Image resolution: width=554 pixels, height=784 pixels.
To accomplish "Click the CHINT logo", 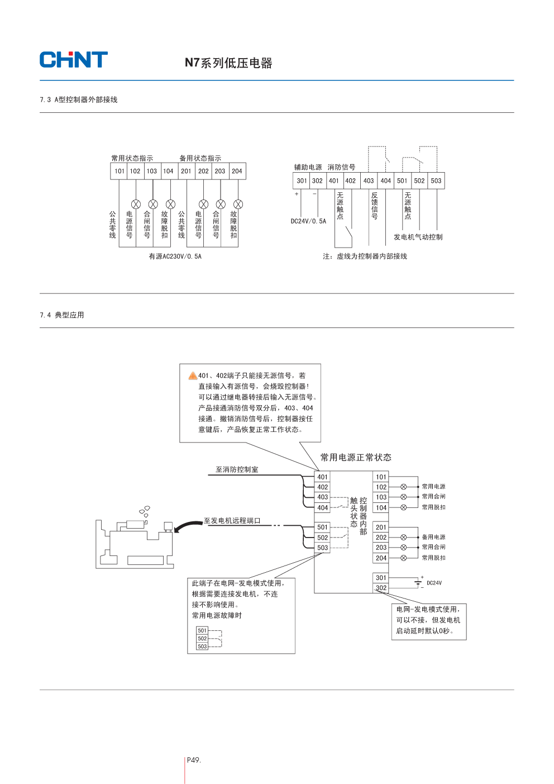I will (73, 60).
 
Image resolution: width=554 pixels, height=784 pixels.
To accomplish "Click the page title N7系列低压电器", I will (228, 63).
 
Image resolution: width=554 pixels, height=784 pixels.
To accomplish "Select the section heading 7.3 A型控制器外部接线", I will (79, 99).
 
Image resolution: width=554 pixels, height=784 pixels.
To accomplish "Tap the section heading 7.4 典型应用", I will (62, 315).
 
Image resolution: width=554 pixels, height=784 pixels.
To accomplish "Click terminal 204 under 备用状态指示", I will (237, 171).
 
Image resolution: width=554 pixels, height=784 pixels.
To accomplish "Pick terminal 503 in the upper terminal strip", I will (436, 180).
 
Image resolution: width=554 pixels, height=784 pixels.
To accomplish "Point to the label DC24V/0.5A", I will (308, 221).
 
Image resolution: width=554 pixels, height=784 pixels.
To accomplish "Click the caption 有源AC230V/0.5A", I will (175, 256).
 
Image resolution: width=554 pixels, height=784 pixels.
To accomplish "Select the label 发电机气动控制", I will (418, 237).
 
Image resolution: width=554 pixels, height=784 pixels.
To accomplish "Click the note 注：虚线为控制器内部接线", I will (365, 256).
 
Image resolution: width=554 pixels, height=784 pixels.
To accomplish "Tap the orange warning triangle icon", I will (193, 376).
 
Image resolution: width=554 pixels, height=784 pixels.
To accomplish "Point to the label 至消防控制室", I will (237, 470).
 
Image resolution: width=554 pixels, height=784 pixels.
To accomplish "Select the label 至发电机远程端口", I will (232, 521).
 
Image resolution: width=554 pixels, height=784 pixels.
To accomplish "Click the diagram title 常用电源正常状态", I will (356, 458).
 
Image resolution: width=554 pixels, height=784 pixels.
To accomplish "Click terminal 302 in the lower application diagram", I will (381, 588).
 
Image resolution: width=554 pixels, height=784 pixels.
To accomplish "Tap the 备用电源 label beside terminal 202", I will (433, 537).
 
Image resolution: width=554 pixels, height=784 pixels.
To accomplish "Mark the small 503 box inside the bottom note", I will (202, 647).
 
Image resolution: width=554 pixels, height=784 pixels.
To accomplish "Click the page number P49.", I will (193, 760).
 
